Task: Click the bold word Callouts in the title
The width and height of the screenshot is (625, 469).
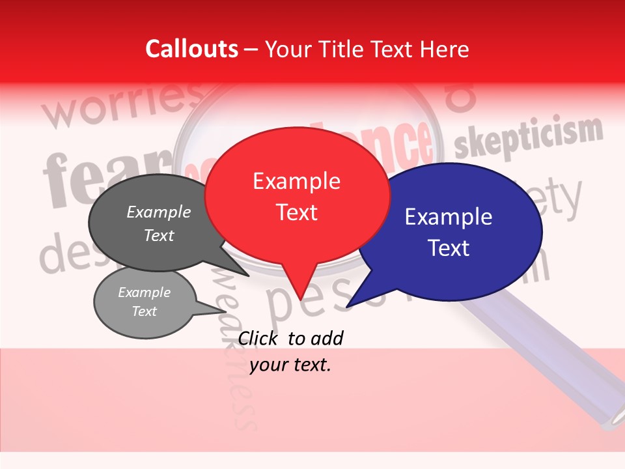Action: [x=192, y=49]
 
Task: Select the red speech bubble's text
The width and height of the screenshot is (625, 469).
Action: [x=297, y=196]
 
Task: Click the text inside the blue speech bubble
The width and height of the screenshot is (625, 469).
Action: [x=449, y=232]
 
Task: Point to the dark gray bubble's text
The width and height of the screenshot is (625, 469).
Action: [x=159, y=223]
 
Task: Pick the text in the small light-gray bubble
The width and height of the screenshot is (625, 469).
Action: [x=144, y=302]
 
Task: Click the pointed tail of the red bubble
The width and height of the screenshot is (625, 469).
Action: [x=300, y=287]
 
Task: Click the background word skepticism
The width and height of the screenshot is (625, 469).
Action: [x=529, y=136]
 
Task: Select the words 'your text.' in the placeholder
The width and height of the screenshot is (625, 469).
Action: [x=290, y=365]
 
